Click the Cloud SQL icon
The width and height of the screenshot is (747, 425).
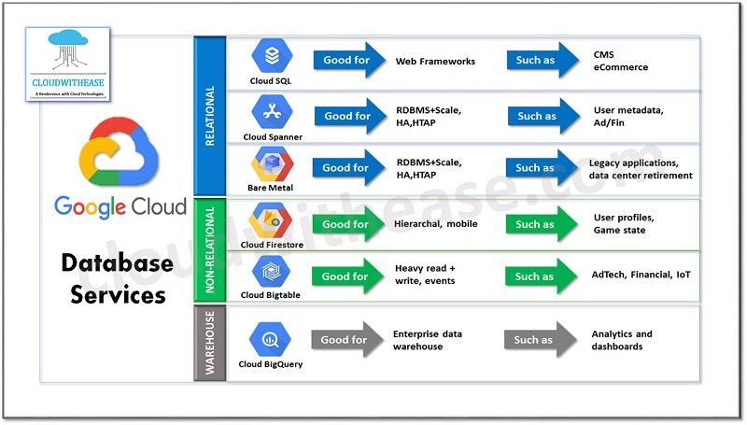(x=272, y=56)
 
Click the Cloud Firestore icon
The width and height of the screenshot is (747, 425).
(x=272, y=221)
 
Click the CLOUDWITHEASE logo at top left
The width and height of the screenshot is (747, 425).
(x=68, y=64)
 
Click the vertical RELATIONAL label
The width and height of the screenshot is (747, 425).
(x=209, y=117)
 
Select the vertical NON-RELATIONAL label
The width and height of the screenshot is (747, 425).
(x=209, y=249)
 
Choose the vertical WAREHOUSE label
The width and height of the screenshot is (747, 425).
(x=209, y=343)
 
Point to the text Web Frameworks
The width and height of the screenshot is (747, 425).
(x=435, y=62)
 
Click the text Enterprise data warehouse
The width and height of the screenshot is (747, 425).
(x=428, y=340)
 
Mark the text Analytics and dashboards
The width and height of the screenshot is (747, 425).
(x=622, y=340)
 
